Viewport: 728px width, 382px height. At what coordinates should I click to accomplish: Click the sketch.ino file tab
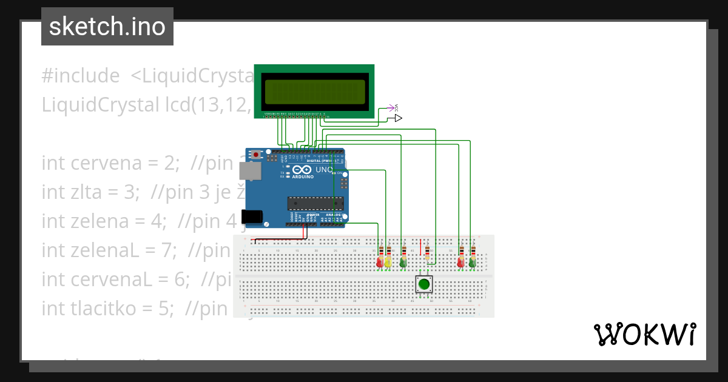pos(107,27)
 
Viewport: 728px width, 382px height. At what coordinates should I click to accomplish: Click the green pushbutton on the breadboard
pos(424,284)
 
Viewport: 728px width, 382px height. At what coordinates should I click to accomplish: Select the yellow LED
pos(388,262)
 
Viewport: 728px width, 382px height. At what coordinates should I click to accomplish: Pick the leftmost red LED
pos(380,262)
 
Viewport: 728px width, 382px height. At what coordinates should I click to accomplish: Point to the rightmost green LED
pos(471,262)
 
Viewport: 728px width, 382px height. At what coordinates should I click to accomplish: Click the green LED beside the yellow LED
pos(403,262)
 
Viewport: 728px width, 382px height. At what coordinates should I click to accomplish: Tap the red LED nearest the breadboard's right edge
pos(460,262)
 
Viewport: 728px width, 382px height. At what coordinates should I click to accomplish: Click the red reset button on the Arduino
pos(256,155)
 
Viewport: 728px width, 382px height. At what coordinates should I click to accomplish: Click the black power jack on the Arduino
pos(251,216)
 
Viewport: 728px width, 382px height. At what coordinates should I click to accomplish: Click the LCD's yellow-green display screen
pos(314,92)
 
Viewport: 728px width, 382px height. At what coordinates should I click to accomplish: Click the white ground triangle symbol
pos(398,118)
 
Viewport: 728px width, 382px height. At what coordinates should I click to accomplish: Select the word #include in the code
pos(81,76)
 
